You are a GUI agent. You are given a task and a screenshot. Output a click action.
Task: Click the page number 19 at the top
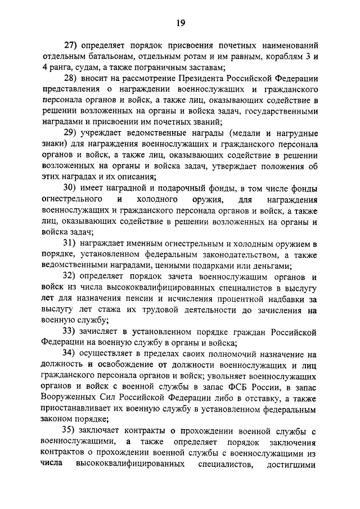coord(180,22)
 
